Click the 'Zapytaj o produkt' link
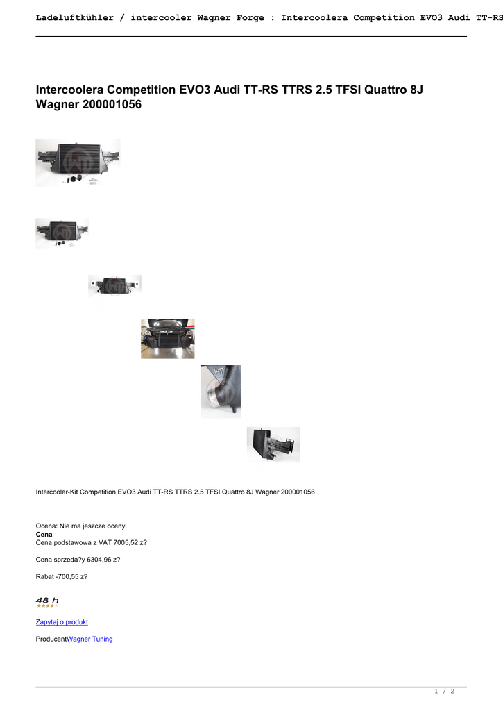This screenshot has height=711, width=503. tap(62, 622)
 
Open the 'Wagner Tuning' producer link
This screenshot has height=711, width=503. tap(89, 639)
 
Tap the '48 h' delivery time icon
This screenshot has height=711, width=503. tap(47, 601)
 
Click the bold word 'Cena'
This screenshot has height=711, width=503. tap(44, 535)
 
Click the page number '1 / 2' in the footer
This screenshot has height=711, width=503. tap(444, 692)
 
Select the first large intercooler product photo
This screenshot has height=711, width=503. tap(78, 162)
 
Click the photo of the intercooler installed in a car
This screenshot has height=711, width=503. tap(167, 339)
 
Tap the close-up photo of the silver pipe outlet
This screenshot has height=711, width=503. tap(221, 392)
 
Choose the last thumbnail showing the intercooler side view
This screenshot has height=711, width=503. tap(273, 444)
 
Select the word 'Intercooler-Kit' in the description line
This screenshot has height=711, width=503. tap(58, 492)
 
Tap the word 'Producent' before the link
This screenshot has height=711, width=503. tap(51, 639)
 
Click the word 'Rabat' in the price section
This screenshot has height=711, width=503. tap(44, 576)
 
